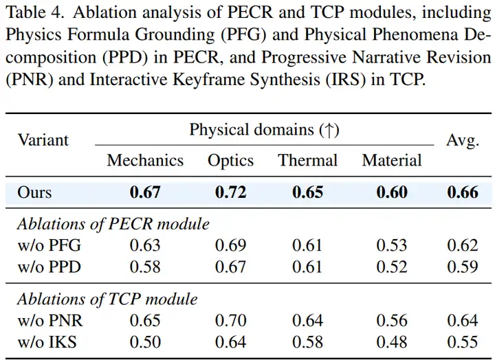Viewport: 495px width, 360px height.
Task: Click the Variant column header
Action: [43, 139]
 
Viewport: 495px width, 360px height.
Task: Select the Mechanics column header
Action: [145, 160]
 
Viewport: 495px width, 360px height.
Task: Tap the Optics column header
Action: [230, 161]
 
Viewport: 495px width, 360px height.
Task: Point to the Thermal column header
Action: [307, 160]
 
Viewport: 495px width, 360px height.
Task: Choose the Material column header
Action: [392, 160]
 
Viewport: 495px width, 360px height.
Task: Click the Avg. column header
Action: [463, 140]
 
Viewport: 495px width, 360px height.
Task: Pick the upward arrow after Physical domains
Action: [329, 130]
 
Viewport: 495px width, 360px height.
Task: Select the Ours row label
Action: [34, 192]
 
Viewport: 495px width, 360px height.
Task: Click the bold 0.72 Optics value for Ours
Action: [230, 192]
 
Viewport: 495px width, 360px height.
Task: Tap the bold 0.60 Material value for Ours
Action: [392, 192]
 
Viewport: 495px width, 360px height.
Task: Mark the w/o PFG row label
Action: [49, 245]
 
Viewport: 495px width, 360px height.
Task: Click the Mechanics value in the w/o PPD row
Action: [145, 267]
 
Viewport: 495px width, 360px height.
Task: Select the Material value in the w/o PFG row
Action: [392, 245]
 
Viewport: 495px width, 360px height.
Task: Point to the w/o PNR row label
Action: [50, 321]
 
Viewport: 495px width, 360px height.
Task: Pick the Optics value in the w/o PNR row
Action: [230, 321]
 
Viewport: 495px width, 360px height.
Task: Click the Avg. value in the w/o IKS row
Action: [463, 342]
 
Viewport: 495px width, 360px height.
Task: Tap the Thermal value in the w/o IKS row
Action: [307, 342]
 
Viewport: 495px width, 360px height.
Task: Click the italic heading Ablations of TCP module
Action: [107, 299]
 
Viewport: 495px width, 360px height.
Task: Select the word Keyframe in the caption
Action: [209, 80]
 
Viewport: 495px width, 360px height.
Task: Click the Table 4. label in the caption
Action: [35, 12]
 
